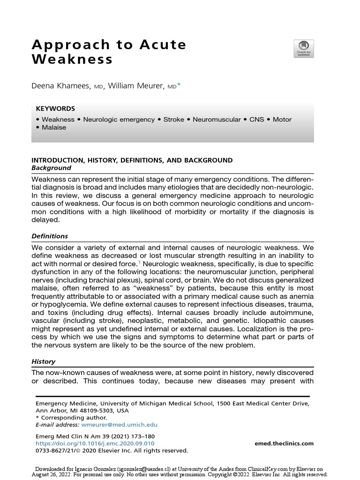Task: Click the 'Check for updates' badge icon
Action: click(303, 49)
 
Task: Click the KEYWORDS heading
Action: click(55, 108)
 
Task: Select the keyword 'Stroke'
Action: click(173, 120)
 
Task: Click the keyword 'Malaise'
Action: click(54, 127)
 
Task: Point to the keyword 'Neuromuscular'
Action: click(216, 120)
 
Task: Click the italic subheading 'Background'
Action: click(51, 168)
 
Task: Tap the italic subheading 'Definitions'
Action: click(50, 236)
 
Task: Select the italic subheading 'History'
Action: click(43, 361)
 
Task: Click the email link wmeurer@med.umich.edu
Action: click(119, 425)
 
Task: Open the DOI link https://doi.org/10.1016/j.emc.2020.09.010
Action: click(95, 443)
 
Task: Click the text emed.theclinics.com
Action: click(284, 443)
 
